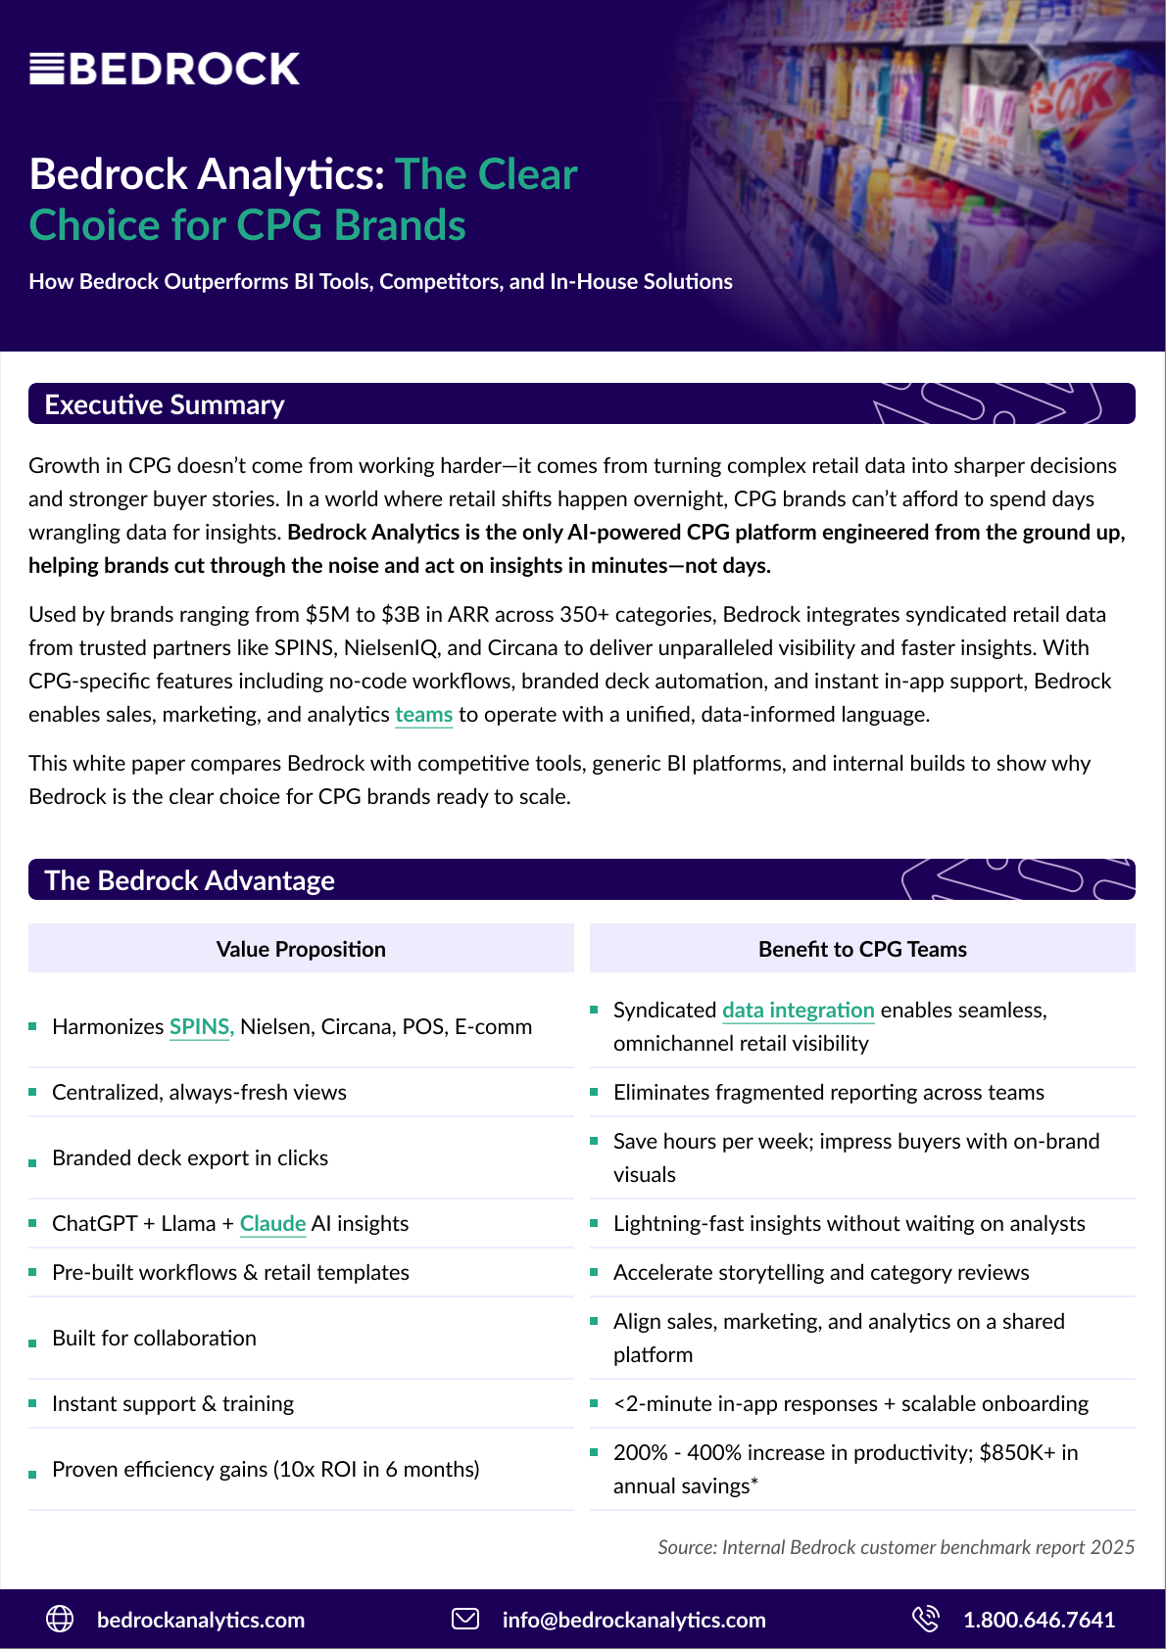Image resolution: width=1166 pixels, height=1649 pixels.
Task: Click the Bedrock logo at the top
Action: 165,69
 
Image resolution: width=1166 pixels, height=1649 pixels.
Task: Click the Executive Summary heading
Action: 165,404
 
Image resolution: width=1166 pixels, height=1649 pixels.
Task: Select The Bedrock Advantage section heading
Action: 190,880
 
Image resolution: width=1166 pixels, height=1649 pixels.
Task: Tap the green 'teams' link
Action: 423,715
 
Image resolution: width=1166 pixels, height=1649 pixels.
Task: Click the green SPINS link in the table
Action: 201,1027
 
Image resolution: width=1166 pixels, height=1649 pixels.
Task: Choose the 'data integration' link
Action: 798,1011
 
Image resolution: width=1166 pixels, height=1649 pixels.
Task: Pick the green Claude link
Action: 272,1224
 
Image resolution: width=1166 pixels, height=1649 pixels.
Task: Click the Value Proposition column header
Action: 301,949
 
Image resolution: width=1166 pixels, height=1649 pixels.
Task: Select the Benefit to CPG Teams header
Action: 862,949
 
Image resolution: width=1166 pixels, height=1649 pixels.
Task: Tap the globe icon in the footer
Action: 60,1620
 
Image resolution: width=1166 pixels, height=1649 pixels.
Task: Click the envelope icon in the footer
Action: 465,1620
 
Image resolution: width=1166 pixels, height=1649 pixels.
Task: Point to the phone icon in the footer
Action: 925,1620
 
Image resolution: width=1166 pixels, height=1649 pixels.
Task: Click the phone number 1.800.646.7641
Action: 1039,1621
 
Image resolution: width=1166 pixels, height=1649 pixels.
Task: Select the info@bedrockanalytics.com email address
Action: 634,1621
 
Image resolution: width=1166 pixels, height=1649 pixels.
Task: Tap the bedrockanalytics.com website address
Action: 201,1621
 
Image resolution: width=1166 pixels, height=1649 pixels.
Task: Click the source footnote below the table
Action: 896,1547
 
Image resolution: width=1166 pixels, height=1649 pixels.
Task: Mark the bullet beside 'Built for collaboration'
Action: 32,1343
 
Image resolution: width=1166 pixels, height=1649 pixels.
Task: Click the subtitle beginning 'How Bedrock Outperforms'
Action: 380,282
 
